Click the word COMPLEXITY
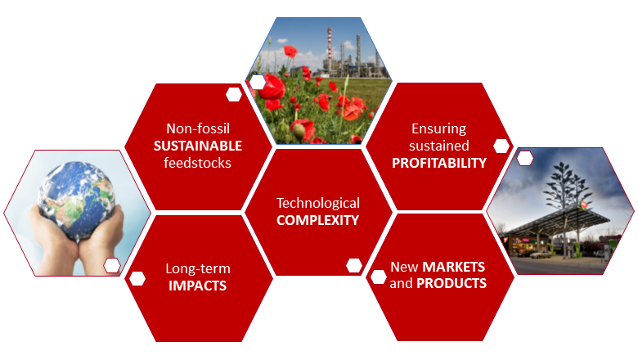pyautogui.click(x=318, y=219)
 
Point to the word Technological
pyautogui.click(x=318, y=203)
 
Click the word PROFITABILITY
pyautogui.click(x=439, y=162)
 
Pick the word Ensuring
pyautogui.click(x=439, y=128)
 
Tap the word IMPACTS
pyautogui.click(x=197, y=286)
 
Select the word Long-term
pyautogui.click(x=198, y=269)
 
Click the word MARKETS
pyautogui.click(x=454, y=268)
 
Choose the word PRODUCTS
pyautogui.click(x=452, y=284)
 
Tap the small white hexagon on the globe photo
pyautogui.click(x=112, y=264)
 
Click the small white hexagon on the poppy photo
pyautogui.click(x=258, y=82)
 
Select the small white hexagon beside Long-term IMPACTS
pyautogui.click(x=137, y=278)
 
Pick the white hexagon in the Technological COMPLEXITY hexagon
pyautogui.click(x=354, y=264)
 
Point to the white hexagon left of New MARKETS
pyautogui.click(x=378, y=277)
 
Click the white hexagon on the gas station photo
pyautogui.click(x=525, y=158)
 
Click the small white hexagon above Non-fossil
pyautogui.click(x=234, y=93)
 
